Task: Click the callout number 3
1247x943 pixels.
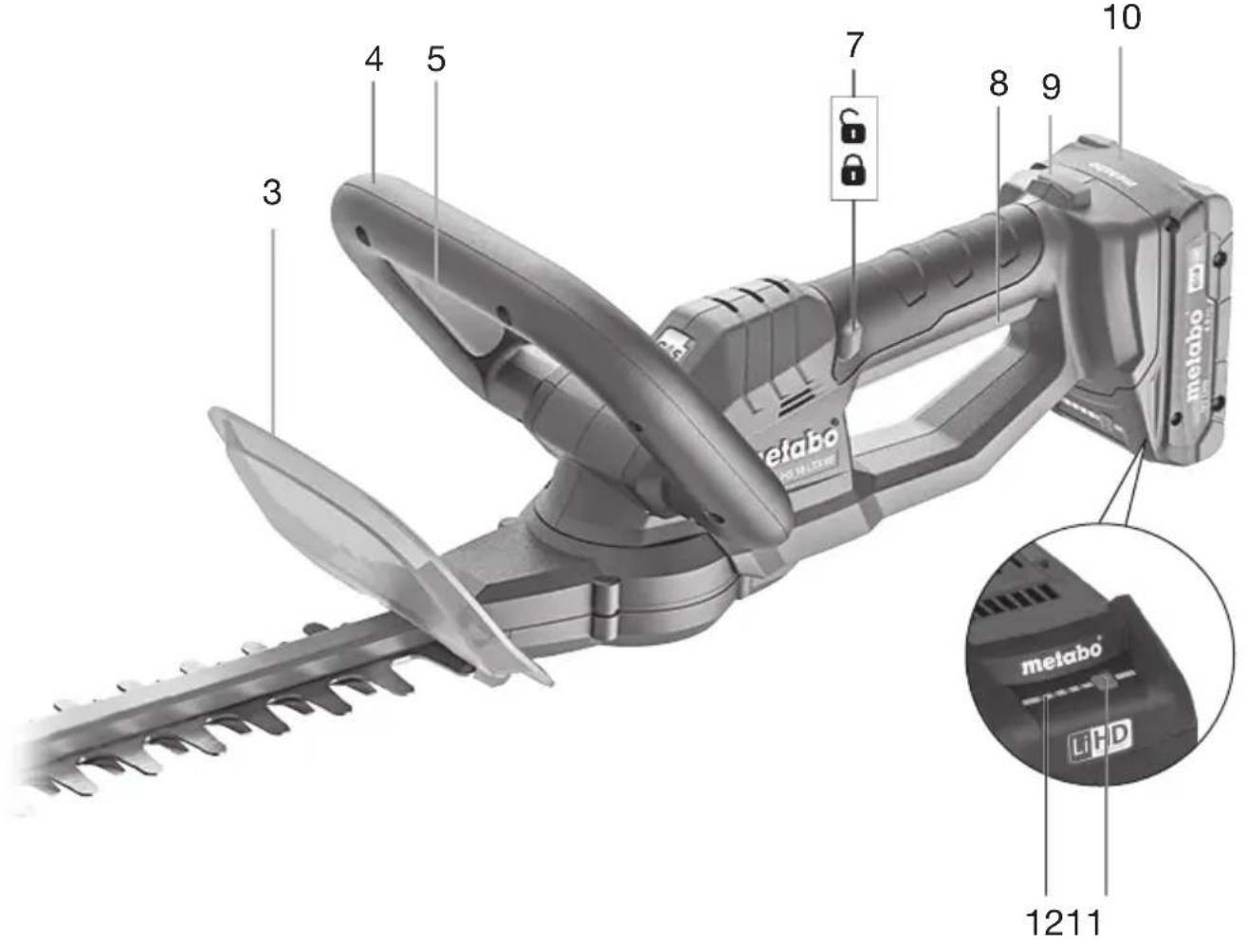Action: pyautogui.click(x=272, y=192)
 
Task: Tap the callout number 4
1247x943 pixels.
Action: pyautogui.click(x=374, y=60)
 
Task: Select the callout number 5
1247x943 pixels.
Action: pyautogui.click(x=435, y=60)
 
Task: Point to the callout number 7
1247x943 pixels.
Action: pyautogui.click(x=854, y=45)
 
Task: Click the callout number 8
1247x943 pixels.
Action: pyautogui.click(x=998, y=84)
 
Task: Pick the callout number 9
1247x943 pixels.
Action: pyautogui.click(x=1051, y=87)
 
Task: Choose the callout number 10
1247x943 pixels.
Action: pyautogui.click(x=1122, y=17)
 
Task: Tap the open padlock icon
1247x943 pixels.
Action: pyautogui.click(x=853, y=125)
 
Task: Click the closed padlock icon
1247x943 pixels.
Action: pyautogui.click(x=854, y=172)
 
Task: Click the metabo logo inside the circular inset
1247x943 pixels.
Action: pyautogui.click(x=1061, y=657)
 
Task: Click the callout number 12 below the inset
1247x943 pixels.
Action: pyautogui.click(x=1044, y=921)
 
